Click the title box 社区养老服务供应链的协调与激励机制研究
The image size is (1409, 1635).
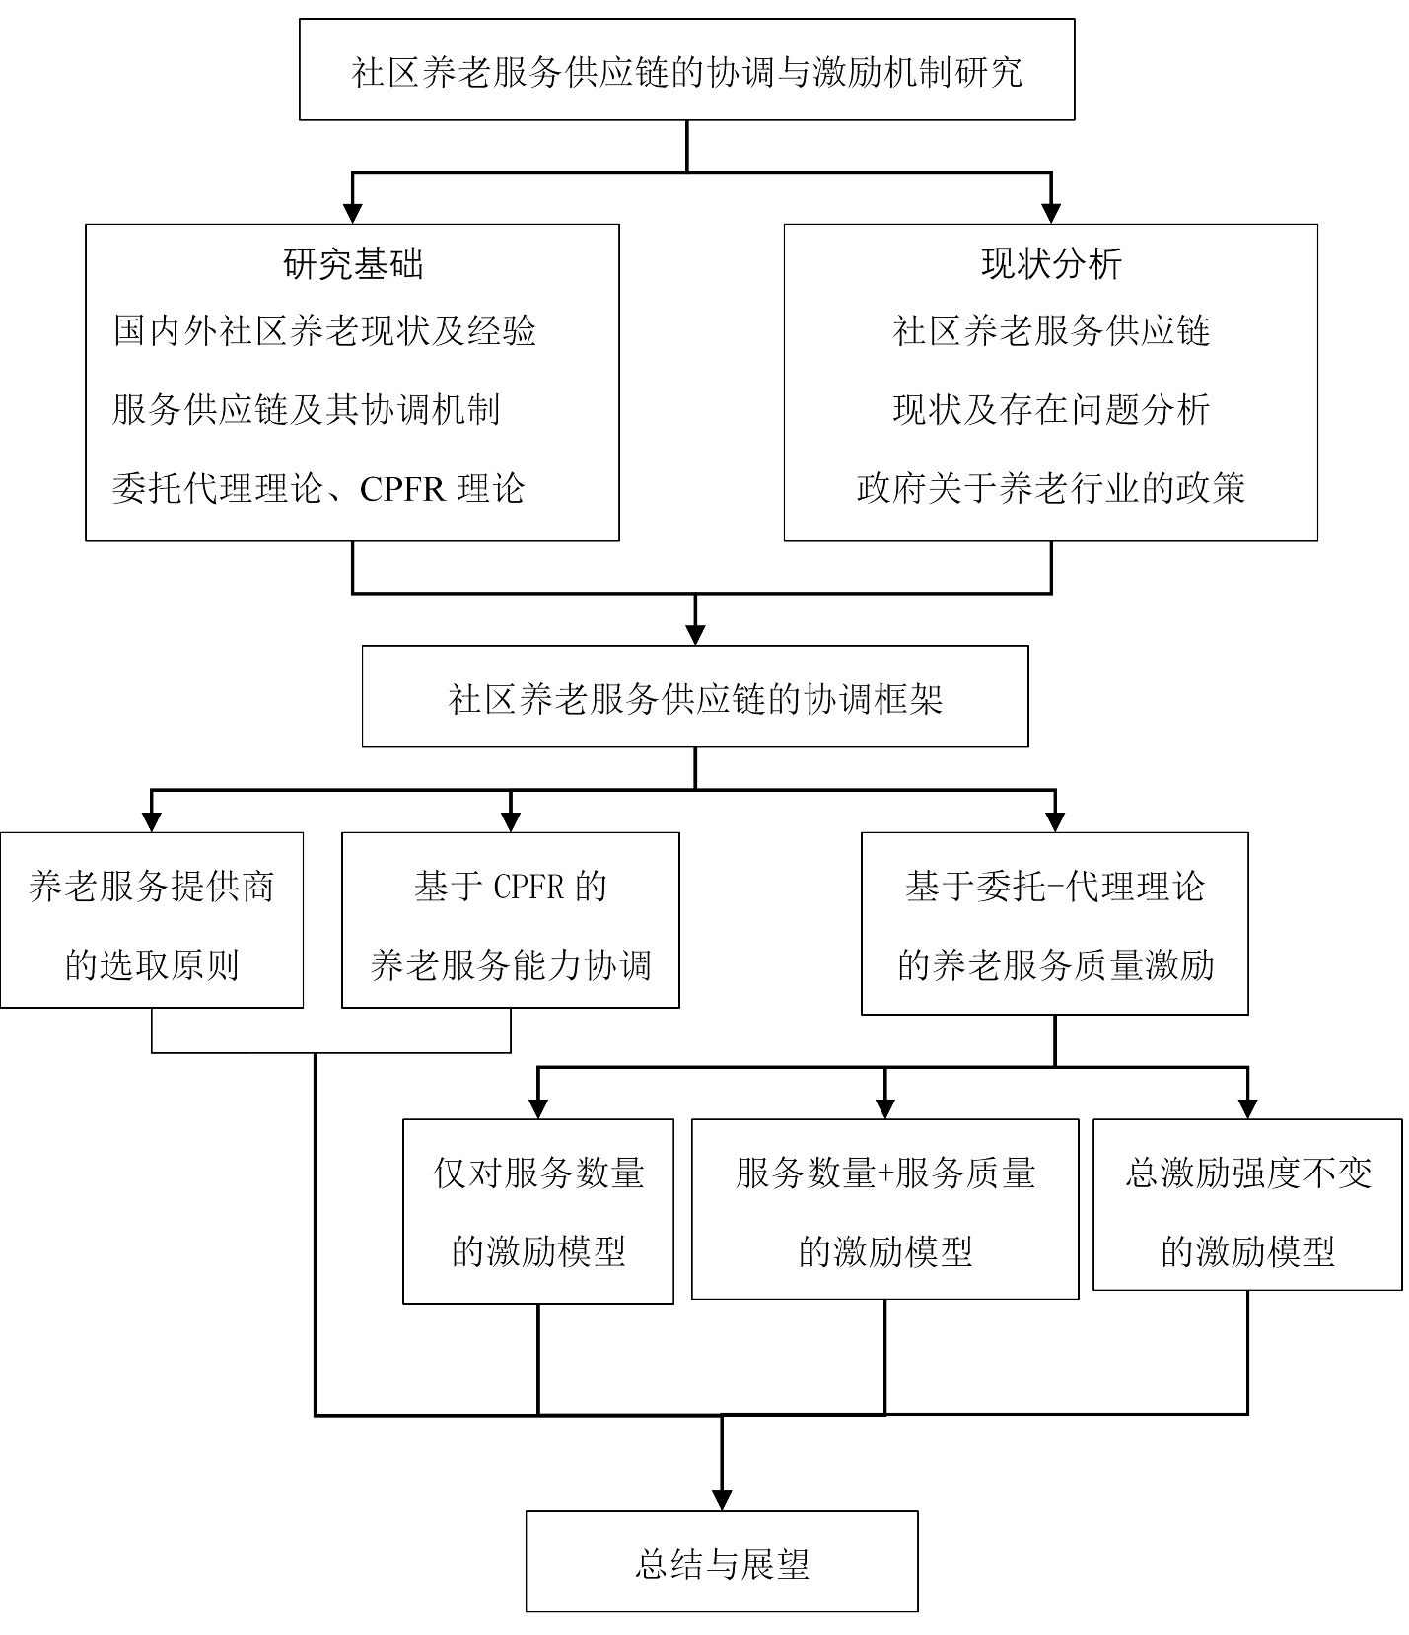coord(686,70)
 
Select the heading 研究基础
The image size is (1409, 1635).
coord(353,263)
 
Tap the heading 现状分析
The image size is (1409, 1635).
coord(1051,263)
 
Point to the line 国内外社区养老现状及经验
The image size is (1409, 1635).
coord(324,330)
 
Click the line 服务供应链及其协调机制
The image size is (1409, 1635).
coord(307,409)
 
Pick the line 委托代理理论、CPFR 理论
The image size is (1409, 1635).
coord(318,488)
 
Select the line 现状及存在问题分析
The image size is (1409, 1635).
coord(1051,409)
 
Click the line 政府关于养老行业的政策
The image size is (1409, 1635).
coord(1051,488)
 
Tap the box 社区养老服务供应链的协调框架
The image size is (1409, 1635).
coord(694,697)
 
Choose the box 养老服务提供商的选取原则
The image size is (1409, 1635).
coord(151,920)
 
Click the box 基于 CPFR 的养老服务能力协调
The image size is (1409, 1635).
coord(510,920)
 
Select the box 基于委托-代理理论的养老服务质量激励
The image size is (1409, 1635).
coord(1054,923)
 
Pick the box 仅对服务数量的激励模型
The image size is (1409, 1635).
coord(538,1211)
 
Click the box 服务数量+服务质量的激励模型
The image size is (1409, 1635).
coord(884,1209)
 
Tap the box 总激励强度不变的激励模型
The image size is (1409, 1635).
coord(1247,1205)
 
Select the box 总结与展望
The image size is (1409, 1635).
coord(721,1561)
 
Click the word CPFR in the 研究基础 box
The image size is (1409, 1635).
coord(401,489)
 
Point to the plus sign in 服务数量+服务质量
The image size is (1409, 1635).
coord(884,1173)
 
